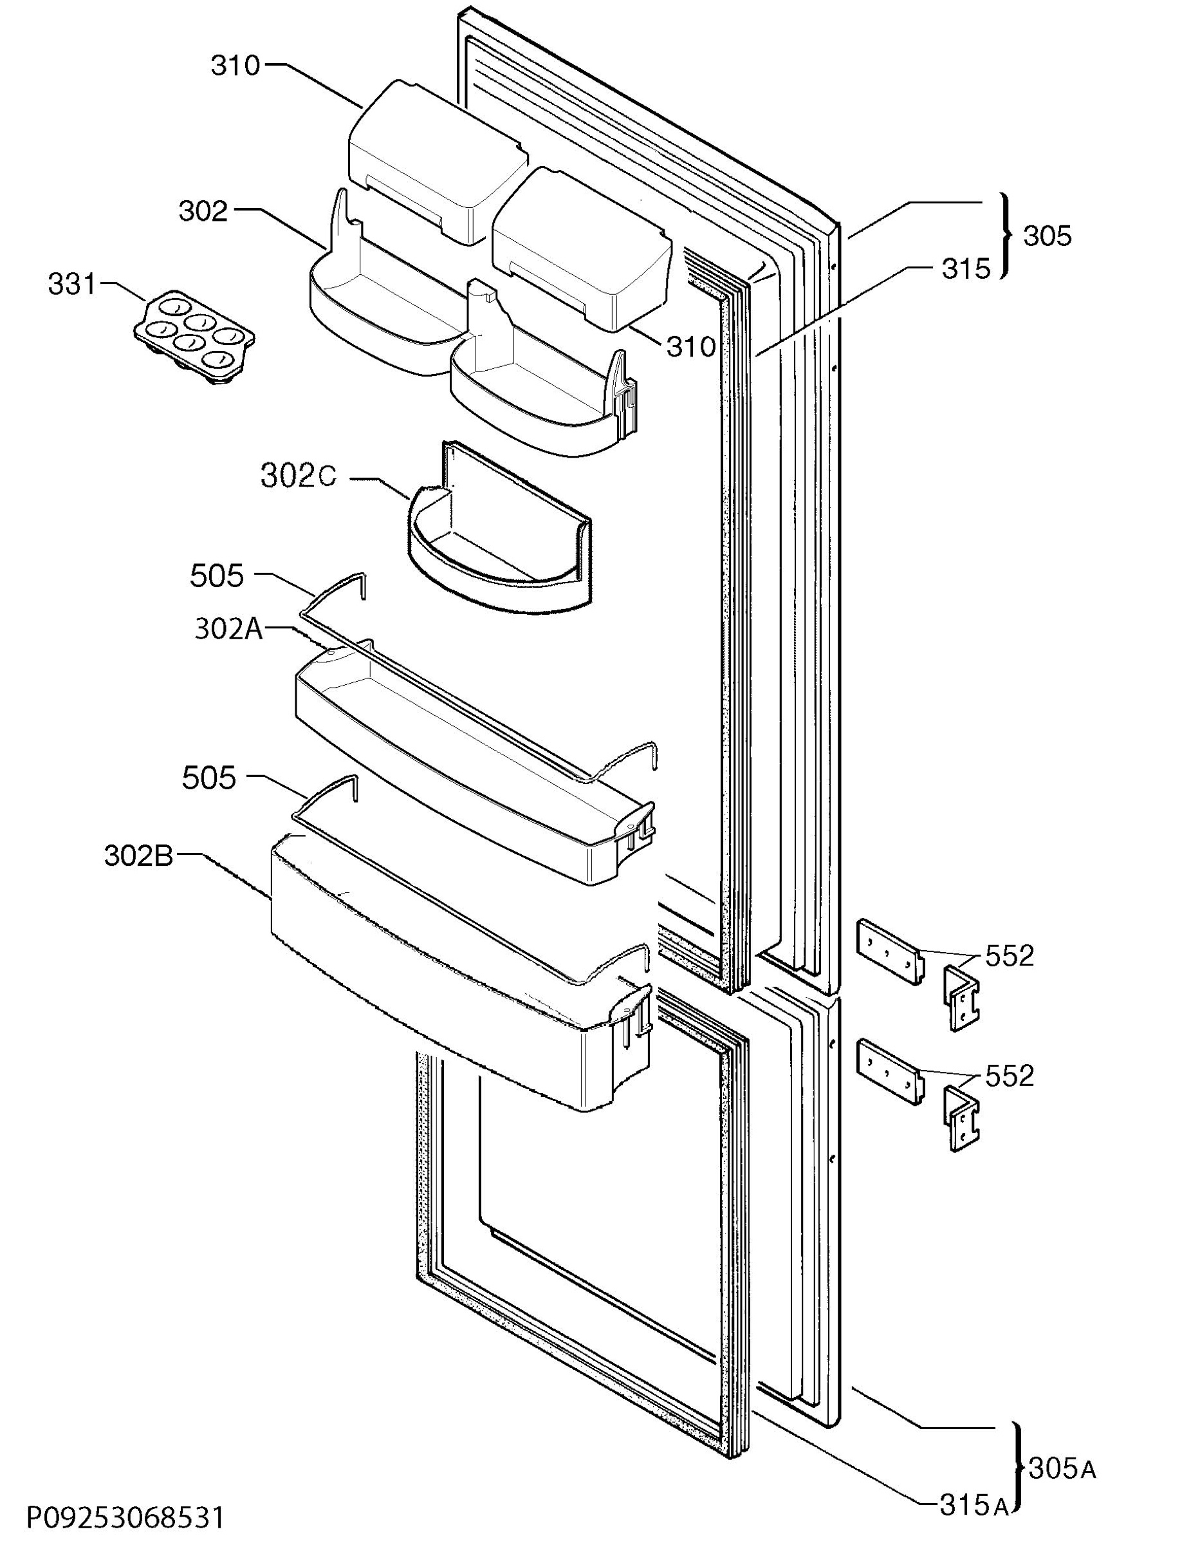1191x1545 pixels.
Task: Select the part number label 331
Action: pyautogui.click(x=71, y=285)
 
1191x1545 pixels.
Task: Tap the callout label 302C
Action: pyautogui.click(x=299, y=477)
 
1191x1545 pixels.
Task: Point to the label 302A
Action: pyautogui.click(x=228, y=630)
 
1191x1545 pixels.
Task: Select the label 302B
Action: pyautogui.click(x=138, y=856)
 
